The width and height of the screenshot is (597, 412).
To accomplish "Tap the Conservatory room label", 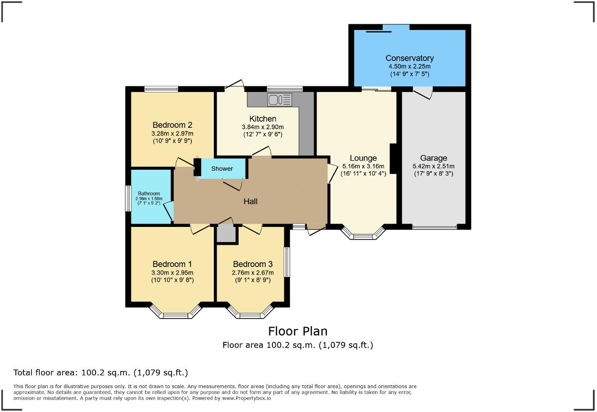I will tap(409, 58).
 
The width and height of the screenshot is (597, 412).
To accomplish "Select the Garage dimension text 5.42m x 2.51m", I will tap(433, 166).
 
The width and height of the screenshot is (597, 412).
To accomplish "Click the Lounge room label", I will tap(363, 158).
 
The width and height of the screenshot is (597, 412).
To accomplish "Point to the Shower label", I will tap(222, 168).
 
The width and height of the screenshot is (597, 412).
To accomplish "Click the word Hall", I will tap(251, 201).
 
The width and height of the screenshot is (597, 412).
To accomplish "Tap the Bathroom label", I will tap(149, 194).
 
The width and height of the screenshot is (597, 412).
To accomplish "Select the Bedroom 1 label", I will tap(172, 264).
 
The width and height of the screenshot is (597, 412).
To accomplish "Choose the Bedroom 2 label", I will tap(172, 125).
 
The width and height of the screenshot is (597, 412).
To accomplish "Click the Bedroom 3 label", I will tap(252, 264).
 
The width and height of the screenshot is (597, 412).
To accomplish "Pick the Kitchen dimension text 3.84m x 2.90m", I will tap(262, 127).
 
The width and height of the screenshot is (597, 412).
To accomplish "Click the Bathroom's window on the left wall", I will tap(128, 198).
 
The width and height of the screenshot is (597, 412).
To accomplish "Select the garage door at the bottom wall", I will tap(434, 227).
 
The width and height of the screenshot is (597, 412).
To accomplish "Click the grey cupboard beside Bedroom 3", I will tap(226, 234).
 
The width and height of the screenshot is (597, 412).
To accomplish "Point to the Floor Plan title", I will tap(298, 331).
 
